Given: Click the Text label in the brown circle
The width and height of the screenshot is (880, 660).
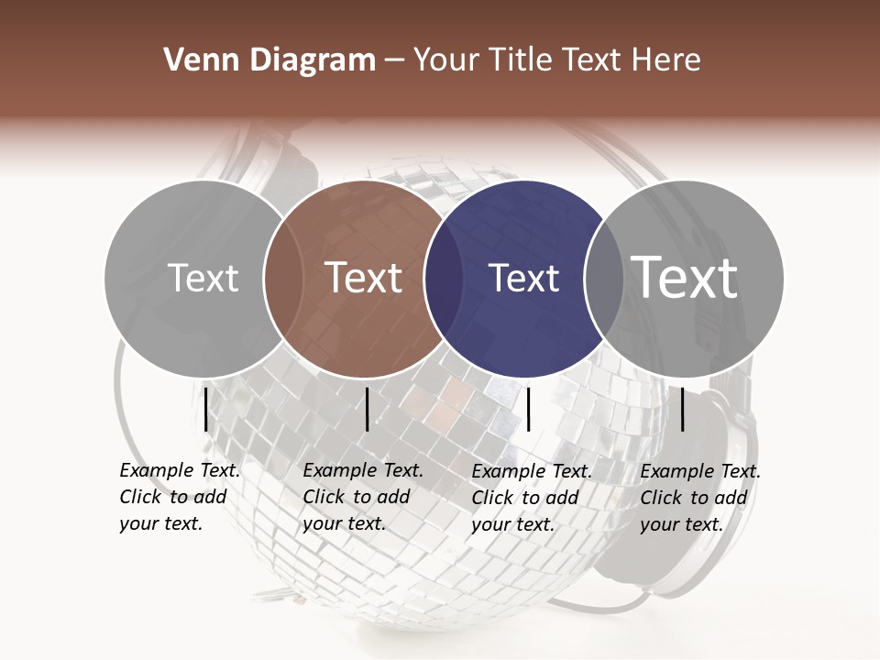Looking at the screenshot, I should pyautogui.click(x=364, y=278).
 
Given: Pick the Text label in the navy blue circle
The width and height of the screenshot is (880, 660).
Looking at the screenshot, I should pyautogui.click(x=524, y=278).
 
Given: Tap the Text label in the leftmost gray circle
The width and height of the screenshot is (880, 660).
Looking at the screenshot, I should pyautogui.click(x=203, y=278).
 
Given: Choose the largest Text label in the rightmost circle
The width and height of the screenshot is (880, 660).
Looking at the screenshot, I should pyautogui.click(x=686, y=277).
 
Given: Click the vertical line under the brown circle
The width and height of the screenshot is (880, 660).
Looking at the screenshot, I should pyautogui.click(x=367, y=409).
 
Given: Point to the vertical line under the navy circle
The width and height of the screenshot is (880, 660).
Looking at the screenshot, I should pyautogui.click(x=528, y=409).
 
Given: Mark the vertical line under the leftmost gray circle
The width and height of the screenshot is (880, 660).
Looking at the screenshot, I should pyautogui.click(x=205, y=409).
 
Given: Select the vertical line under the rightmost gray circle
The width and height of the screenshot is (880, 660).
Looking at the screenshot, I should pyautogui.click(x=683, y=409).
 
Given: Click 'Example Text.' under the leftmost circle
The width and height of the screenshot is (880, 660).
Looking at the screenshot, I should pyautogui.click(x=180, y=470).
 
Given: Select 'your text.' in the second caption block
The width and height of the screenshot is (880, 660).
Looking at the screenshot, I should pyautogui.click(x=344, y=524).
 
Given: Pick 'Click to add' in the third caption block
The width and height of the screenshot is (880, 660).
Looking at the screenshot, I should pyautogui.click(x=525, y=498).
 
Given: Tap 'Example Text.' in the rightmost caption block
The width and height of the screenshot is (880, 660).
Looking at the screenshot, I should pyautogui.click(x=700, y=471).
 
